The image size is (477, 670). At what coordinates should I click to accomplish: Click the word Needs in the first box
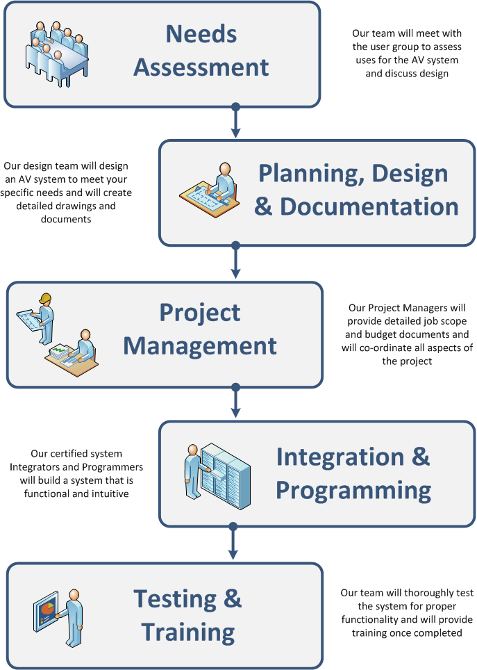pos(201,34)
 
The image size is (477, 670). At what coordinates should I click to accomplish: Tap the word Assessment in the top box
pos(201,67)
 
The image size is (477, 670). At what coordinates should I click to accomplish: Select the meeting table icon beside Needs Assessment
pos(60,54)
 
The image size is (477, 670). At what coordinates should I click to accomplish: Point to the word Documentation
pos(369,206)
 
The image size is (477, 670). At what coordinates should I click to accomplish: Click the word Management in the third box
pos(200,345)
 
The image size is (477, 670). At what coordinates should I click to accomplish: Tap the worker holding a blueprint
pos(39,317)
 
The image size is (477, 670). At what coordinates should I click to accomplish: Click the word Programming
pos(353,490)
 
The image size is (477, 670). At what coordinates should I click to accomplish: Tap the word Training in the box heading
pos(187,632)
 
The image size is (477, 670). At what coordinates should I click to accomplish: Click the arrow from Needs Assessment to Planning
pos(235,124)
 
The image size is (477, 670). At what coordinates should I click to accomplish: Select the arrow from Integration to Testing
pos(234,543)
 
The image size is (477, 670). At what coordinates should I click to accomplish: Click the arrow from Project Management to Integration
pos(235,403)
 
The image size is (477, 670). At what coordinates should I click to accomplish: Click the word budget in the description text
pos(379,334)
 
